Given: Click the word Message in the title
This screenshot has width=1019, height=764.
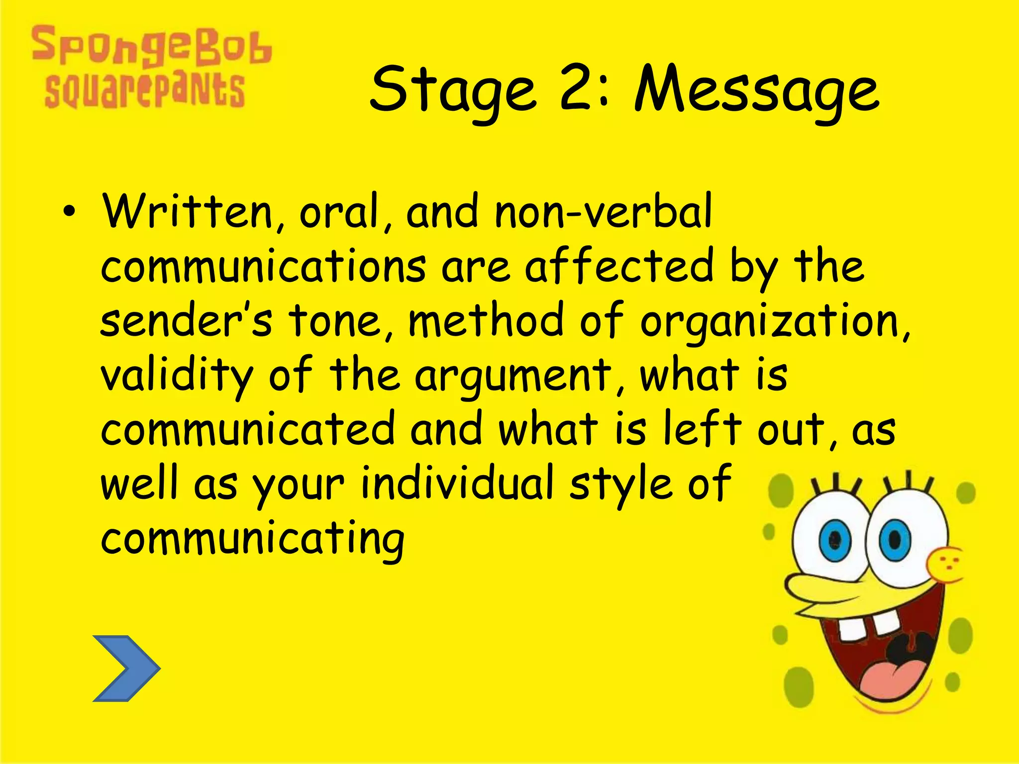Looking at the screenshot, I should click(x=756, y=92).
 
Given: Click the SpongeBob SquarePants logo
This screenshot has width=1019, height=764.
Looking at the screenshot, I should click(x=149, y=67).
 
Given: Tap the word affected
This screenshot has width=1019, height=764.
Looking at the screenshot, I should click(x=619, y=266).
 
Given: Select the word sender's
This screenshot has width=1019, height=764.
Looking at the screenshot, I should click(x=186, y=321).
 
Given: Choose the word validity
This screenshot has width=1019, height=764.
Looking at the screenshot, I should click(x=177, y=376).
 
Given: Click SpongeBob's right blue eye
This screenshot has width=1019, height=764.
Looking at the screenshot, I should click(x=894, y=539).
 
